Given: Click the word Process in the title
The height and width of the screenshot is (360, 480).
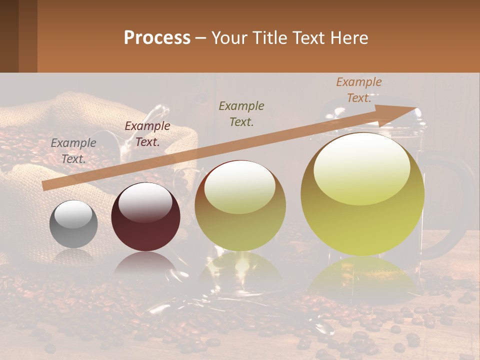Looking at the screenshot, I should (157, 38).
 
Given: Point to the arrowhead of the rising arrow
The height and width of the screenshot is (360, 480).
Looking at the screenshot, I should (400, 112).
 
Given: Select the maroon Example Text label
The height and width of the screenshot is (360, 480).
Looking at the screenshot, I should (147, 134).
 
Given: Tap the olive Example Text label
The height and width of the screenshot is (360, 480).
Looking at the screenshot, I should (241, 113).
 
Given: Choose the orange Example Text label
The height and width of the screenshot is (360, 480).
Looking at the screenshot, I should (358, 90).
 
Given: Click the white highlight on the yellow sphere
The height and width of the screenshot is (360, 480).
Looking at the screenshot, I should (361, 168).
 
